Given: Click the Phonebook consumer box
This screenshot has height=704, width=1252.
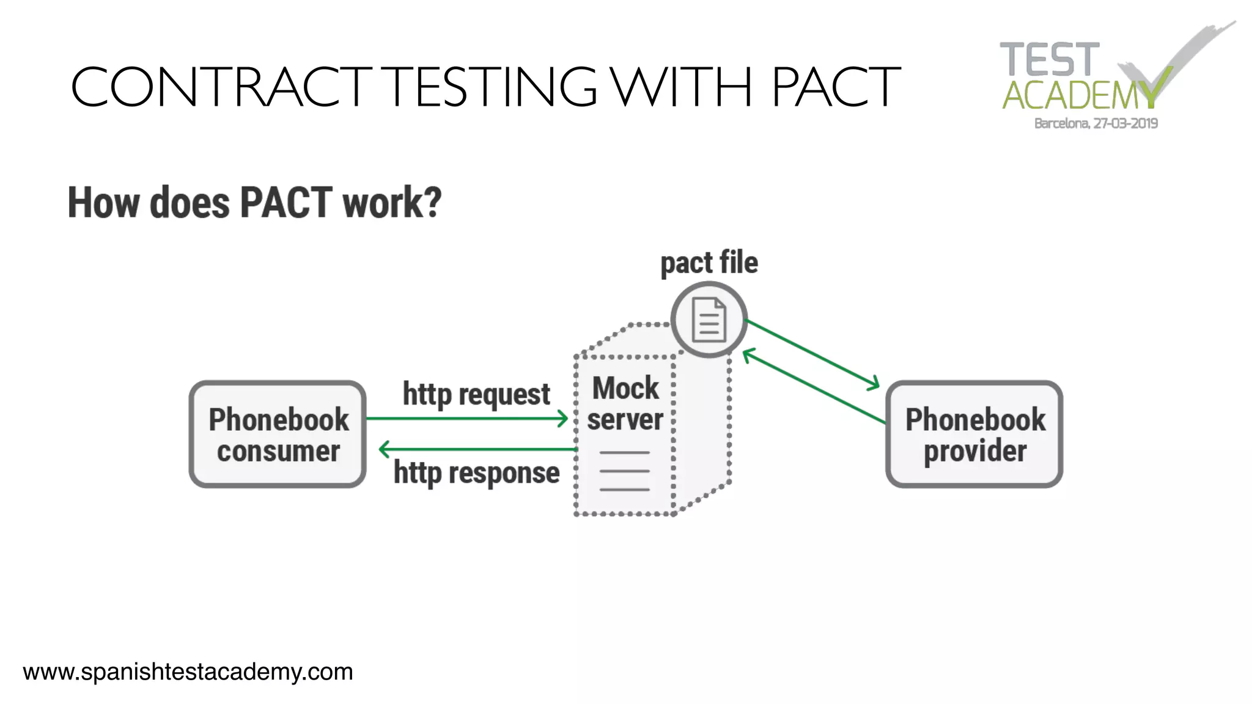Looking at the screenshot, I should pos(278,435).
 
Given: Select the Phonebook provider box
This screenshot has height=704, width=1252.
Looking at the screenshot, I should pos(974,435).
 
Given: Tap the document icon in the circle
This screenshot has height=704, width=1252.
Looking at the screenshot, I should pos(709,320).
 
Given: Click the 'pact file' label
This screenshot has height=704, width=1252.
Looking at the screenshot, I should pos(709,263).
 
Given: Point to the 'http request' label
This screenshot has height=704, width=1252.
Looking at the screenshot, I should pos(476,394).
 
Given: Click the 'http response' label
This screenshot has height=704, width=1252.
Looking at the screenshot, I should pos(476,473).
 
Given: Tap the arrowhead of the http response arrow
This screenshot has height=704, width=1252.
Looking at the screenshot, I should pos(385,450).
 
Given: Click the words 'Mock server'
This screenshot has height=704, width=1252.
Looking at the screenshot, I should pos(625,404).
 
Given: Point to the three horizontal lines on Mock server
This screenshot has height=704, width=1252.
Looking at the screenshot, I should pos(624,471).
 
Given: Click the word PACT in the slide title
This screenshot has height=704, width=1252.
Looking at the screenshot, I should pos(835,87).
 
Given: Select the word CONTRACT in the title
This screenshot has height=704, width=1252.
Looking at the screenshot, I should pos(221,87).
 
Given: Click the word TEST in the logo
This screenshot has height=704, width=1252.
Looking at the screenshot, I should pos(1049,60).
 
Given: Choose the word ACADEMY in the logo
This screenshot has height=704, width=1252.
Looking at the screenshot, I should pos(1079,95).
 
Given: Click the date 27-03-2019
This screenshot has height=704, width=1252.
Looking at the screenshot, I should pos(1125,123).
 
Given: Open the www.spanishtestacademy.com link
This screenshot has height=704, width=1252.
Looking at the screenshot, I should pos(188,672).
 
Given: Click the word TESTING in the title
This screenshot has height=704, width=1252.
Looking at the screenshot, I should pos(493,87).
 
